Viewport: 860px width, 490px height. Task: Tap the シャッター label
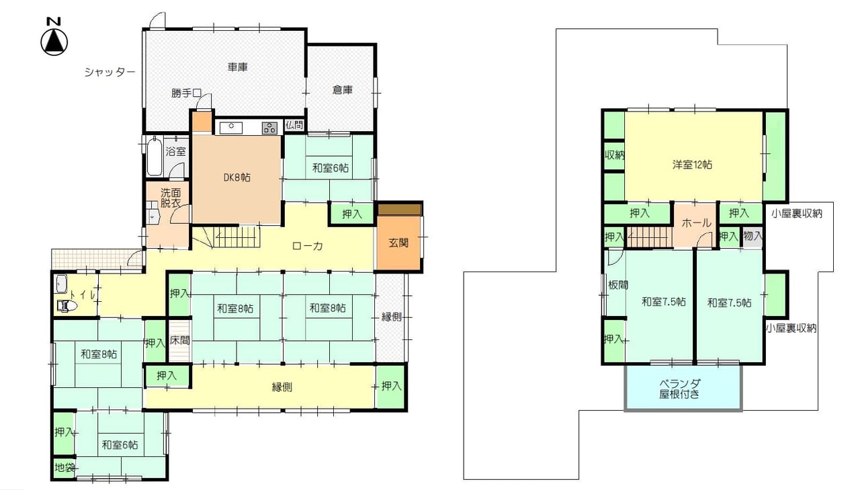(x=110, y=72)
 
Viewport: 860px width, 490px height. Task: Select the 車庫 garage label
(x=238, y=67)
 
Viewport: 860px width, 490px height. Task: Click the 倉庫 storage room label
(x=343, y=90)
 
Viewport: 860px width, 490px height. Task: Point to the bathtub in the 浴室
(x=155, y=157)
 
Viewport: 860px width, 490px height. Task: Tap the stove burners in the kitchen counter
(x=270, y=128)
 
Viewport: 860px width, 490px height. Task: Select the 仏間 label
(x=294, y=125)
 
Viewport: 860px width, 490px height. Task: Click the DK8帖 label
(x=237, y=177)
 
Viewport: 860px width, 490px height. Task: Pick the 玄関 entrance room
(x=398, y=243)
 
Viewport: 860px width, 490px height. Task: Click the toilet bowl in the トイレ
(x=67, y=306)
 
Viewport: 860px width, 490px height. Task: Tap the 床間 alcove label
(x=179, y=340)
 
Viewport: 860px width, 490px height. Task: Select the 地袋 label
(x=64, y=468)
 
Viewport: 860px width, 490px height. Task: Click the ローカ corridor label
(x=308, y=246)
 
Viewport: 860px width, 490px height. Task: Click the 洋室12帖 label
(x=692, y=165)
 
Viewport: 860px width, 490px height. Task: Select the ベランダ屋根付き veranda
(x=683, y=387)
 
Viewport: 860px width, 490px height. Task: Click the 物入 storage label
(x=752, y=236)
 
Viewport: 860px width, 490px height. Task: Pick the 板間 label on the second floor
(x=618, y=285)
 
